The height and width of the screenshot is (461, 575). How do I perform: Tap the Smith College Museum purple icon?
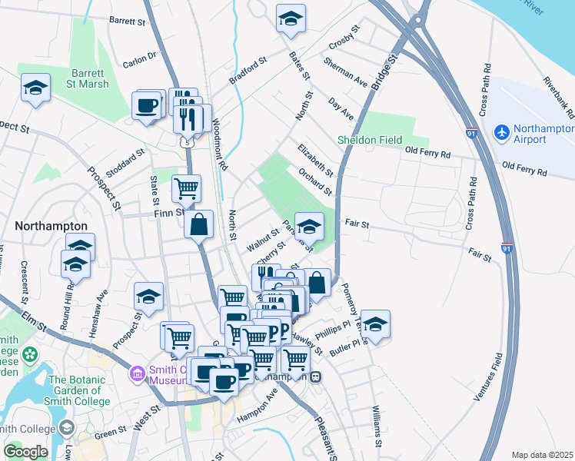pos(137,374)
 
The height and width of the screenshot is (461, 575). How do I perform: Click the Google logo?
pos(25,451)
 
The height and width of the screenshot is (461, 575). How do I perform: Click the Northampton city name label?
pos(51,227)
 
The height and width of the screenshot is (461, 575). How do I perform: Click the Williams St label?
pos(377,426)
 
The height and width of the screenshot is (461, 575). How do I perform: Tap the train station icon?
pos(316,377)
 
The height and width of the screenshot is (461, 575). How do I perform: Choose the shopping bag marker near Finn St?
pos(199,225)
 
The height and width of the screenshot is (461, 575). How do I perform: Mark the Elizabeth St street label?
pos(315,158)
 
